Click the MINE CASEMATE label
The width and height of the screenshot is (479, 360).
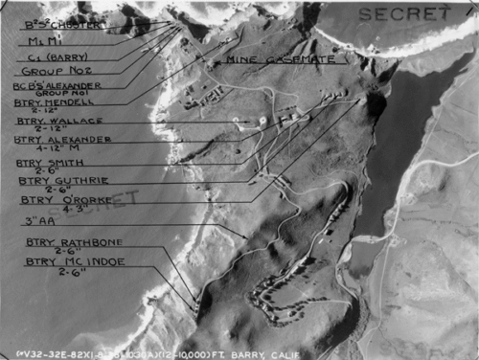click(267, 59)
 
